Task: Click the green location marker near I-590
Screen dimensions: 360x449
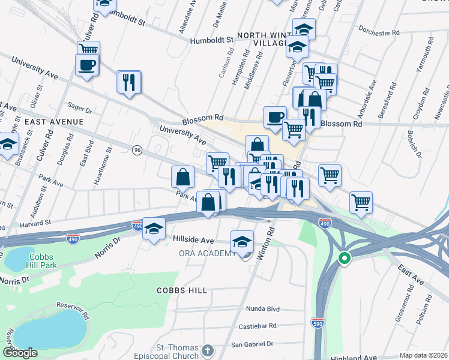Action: pos(344,259)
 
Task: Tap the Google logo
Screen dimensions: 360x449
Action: pos(20,353)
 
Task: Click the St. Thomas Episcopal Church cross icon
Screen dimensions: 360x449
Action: pos(207,350)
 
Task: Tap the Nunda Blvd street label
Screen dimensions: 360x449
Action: pos(263,308)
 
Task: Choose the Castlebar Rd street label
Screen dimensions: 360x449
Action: pos(256,326)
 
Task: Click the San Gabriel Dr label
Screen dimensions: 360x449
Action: pos(253,344)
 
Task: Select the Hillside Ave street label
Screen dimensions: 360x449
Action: pos(194,240)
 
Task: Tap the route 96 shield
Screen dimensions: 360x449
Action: pos(137,151)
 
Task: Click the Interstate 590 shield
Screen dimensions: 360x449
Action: pos(318,323)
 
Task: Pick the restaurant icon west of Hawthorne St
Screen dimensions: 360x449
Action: pos(128,82)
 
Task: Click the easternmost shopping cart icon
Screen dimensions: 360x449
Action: pos(361,202)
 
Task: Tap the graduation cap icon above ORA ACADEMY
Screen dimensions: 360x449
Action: pos(242,241)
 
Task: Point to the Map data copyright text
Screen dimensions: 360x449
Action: pos(423,355)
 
